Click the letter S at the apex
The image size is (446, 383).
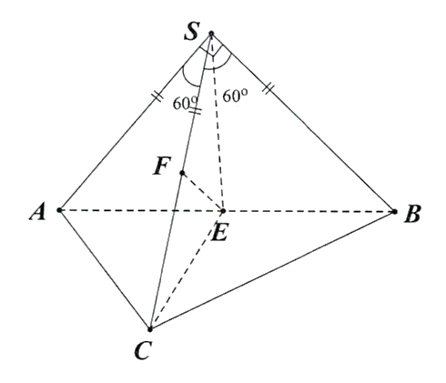(192, 31)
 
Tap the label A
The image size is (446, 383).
(38, 211)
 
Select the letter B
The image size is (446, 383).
(412, 214)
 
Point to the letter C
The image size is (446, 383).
(142, 351)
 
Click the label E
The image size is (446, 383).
(219, 233)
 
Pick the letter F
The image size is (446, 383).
(162, 166)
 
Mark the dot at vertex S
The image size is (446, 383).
(211, 34)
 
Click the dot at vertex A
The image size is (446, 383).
(59, 210)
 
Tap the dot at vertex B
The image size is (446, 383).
(394, 212)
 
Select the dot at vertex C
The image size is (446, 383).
(150, 329)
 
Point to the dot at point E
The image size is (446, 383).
(223, 211)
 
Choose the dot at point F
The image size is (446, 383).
(182, 173)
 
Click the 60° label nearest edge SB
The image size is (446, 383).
(235, 96)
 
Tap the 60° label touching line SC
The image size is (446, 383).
(185, 104)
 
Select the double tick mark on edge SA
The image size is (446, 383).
(157, 96)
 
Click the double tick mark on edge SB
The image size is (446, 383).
(269, 89)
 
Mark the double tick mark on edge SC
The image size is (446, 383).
(195, 111)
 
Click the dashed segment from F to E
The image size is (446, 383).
(202, 192)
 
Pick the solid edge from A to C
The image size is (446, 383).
(105, 269)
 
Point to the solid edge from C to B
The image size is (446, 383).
(272, 270)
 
